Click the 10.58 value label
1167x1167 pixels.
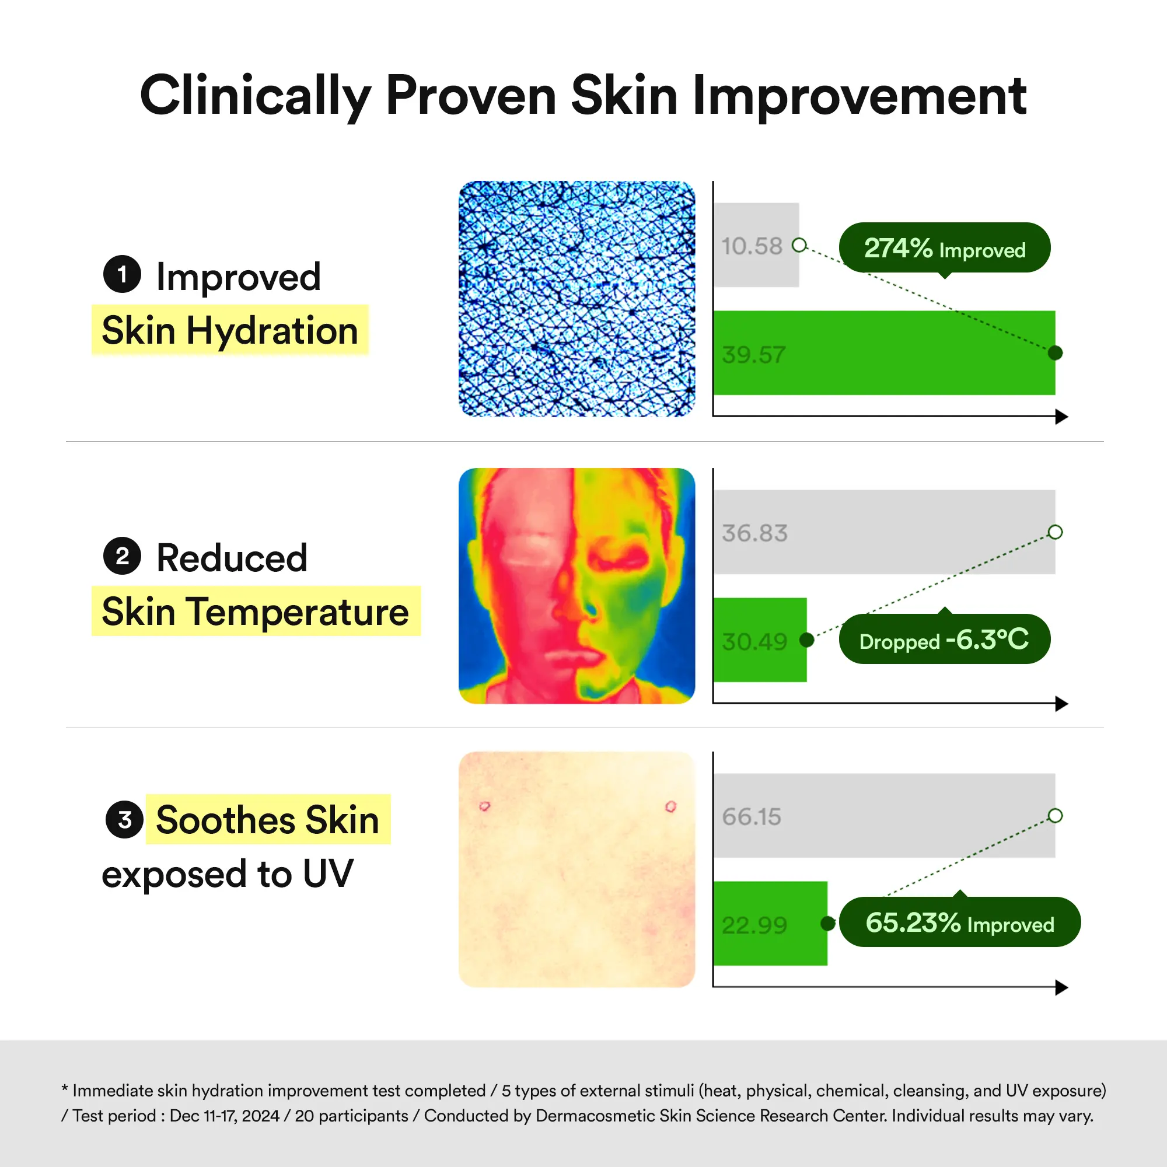tap(752, 246)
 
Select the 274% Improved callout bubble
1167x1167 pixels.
tap(945, 248)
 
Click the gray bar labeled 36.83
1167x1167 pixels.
tap(885, 532)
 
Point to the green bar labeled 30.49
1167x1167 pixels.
tap(760, 640)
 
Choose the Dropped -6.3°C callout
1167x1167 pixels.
tap(945, 638)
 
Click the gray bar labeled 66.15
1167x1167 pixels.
tap(885, 816)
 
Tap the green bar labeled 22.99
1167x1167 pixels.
tap(770, 923)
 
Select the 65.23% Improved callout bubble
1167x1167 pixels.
tap(960, 921)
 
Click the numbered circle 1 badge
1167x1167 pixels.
tap(122, 274)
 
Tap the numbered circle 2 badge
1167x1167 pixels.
tap(122, 555)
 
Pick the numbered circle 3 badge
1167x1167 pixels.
tap(124, 820)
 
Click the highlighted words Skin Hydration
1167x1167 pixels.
tap(229, 330)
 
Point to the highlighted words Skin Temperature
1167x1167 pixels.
tap(256, 612)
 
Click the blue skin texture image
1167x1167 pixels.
tap(577, 299)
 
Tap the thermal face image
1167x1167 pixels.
tap(577, 586)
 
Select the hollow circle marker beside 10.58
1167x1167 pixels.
tap(799, 244)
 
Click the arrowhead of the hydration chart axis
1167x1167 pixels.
tap(1062, 416)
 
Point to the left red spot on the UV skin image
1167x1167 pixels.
tap(484, 806)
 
